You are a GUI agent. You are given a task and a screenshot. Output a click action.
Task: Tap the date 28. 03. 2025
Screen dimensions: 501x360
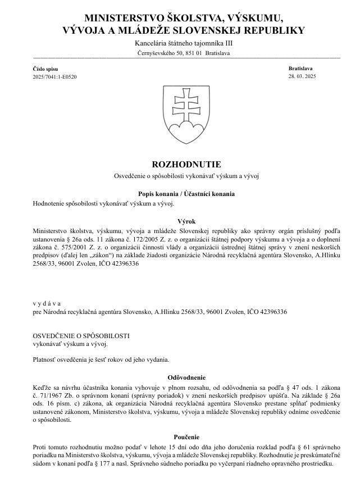[302, 76]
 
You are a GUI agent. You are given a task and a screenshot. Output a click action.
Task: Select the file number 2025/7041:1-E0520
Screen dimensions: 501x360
[54, 76]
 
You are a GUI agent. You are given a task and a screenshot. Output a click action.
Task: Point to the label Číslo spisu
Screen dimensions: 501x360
[45, 68]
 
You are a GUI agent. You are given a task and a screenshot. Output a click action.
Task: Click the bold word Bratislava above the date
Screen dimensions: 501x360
[300, 67]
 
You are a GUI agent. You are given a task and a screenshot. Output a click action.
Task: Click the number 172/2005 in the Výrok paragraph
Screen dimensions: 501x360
[150, 238]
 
